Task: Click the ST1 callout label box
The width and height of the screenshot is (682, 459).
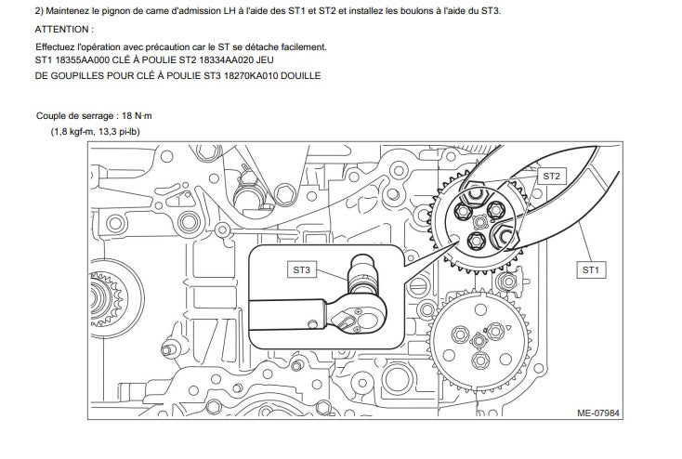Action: coord(590,269)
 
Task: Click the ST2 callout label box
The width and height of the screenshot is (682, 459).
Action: coord(551,175)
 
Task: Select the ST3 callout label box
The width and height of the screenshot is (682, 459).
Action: coord(301,269)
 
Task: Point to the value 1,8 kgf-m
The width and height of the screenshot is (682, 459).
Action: coord(78,132)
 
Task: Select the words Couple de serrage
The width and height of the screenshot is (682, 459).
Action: coord(77,116)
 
